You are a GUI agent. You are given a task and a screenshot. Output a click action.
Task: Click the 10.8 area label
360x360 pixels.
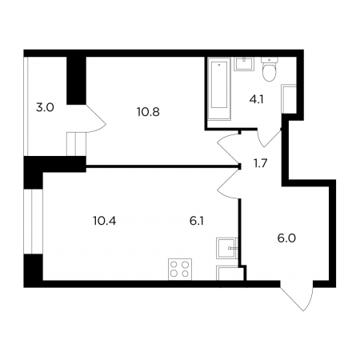(x=148, y=112)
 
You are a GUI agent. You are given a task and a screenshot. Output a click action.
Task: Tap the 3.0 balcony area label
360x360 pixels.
(x=45, y=108)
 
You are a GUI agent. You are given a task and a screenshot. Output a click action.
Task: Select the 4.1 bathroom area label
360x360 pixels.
(x=256, y=100)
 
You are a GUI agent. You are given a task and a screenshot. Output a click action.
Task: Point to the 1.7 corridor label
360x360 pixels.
(x=260, y=163)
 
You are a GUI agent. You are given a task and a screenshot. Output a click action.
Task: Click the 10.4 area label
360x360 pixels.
(x=105, y=221)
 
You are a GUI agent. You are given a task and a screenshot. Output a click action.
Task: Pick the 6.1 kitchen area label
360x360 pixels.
(x=197, y=221)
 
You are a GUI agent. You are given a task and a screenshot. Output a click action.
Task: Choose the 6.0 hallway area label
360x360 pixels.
(x=286, y=238)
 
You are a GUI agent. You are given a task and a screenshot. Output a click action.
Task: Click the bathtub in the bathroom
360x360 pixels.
(x=219, y=89)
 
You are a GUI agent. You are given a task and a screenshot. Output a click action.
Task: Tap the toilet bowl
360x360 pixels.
(x=270, y=69)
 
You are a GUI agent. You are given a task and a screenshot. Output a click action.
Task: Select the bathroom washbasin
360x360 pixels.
(x=244, y=64)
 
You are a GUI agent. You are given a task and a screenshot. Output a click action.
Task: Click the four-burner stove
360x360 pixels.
(x=180, y=270)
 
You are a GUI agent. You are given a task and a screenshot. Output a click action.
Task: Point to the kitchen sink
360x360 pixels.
(x=227, y=248)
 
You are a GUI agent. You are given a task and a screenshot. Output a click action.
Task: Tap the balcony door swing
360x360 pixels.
(x=97, y=118)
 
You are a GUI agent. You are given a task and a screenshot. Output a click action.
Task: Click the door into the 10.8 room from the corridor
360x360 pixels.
(x=228, y=148)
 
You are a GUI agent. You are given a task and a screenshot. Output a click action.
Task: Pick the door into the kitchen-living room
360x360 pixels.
(x=228, y=183)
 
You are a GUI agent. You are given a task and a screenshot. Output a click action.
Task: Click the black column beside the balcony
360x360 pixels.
(x=76, y=81)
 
